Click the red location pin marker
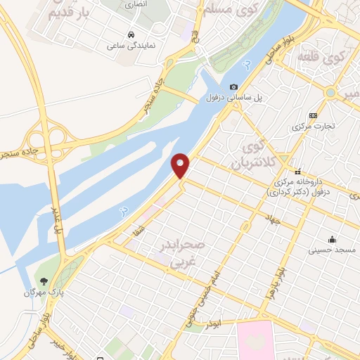(x=181, y=165)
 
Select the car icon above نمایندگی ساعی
(x=131, y=34)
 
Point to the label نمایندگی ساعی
(x=131, y=44)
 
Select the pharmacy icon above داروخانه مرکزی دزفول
(x=299, y=171)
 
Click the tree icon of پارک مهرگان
(x=44, y=280)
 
